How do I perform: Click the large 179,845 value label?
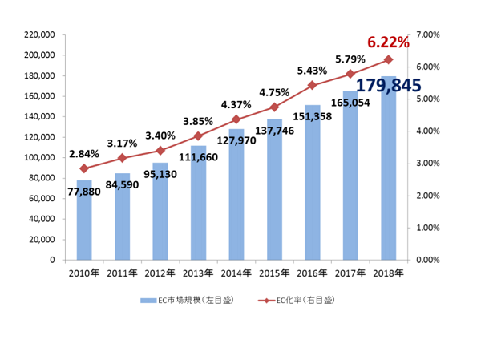(x=389, y=85)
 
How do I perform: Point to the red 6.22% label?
(x=388, y=42)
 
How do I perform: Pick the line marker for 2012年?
(x=160, y=150)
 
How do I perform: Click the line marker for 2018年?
(x=388, y=59)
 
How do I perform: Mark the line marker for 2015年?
(x=274, y=107)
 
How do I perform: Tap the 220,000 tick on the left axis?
(x=39, y=34)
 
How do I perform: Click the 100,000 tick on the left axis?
(x=39, y=157)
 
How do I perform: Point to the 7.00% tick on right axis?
(x=430, y=34)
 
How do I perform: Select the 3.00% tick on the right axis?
(x=430, y=164)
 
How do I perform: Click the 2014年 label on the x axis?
(x=236, y=273)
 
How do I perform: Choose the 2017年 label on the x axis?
(x=350, y=273)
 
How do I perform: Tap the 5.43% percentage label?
(x=313, y=70)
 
